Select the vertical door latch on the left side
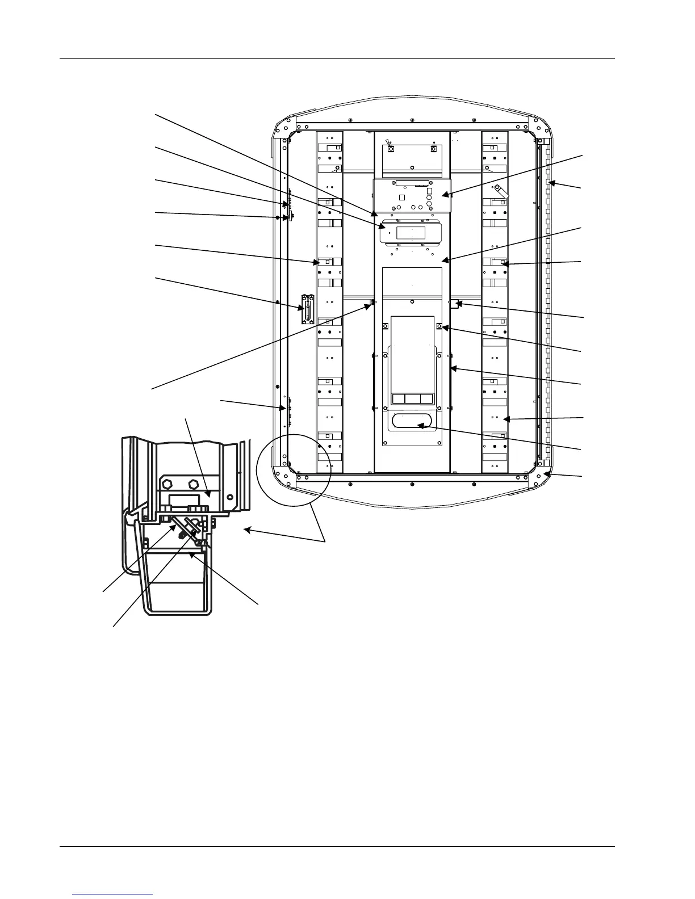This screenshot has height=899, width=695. (x=308, y=309)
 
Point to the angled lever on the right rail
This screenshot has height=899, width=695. (x=500, y=191)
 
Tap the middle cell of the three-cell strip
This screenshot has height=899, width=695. (x=412, y=398)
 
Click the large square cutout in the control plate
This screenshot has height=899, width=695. (x=401, y=198)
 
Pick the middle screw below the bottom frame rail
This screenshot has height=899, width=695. (x=412, y=484)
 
